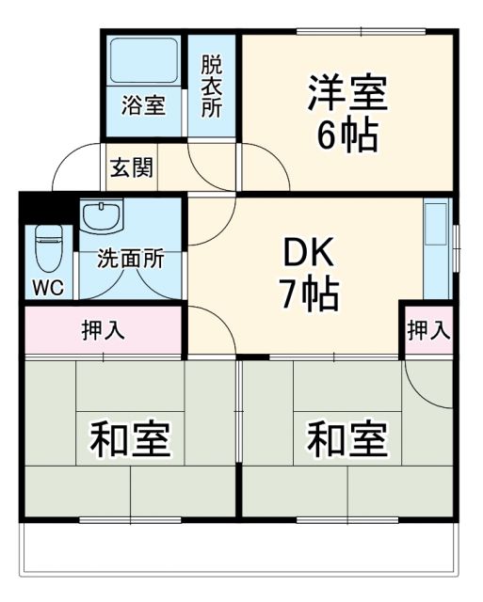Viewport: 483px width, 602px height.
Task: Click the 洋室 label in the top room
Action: (x=347, y=96)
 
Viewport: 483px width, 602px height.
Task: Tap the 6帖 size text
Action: (x=347, y=137)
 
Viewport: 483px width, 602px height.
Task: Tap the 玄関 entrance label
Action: (x=132, y=171)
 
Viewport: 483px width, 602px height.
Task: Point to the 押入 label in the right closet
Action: (x=428, y=330)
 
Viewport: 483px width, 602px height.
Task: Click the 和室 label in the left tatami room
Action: (x=130, y=439)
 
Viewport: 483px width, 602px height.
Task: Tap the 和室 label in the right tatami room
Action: (x=347, y=439)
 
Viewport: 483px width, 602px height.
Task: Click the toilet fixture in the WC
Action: (x=46, y=249)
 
